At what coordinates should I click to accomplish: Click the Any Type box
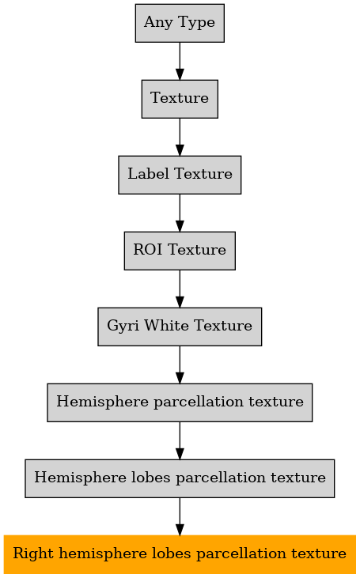180,23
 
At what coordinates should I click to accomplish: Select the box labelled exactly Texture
180,99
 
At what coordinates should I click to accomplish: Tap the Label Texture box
180,175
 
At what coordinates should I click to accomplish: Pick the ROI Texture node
180,251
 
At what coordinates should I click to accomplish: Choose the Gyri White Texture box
180,327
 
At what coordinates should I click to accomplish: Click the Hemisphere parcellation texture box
180,403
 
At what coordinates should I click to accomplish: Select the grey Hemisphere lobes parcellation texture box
180,479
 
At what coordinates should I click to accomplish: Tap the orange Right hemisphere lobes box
180,554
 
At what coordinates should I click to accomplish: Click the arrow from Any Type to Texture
180,61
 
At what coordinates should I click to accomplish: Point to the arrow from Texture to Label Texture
180,137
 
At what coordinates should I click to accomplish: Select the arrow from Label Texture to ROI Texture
180,213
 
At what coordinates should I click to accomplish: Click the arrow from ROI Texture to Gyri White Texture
180,289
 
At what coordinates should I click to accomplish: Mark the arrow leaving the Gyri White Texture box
180,365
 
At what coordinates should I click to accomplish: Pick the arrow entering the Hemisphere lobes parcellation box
180,441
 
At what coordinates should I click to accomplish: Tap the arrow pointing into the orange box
180,517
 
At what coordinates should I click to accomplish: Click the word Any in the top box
158,23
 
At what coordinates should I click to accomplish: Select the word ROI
147,250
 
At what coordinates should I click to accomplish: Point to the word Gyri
123,327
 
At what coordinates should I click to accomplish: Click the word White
167,325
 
